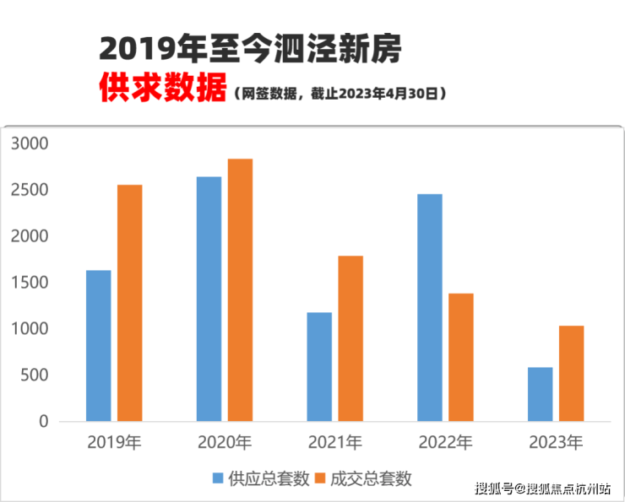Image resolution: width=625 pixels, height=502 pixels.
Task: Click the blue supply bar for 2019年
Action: (98, 345)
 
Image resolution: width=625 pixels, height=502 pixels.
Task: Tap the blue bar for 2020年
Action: (209, 299)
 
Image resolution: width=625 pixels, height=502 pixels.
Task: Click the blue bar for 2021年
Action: (319, 366)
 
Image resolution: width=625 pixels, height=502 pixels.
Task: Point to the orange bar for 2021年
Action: (351, 337)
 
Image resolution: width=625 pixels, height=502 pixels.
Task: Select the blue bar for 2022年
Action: (429, 307)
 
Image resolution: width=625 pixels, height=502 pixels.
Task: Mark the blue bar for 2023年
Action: (540, 394)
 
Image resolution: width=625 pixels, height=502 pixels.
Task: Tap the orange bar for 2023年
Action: (571, 373)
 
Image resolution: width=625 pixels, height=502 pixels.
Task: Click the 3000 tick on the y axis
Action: (30, 144)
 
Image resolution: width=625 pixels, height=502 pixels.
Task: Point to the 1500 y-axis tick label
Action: (30, 283)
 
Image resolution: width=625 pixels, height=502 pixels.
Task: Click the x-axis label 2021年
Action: (334, 442)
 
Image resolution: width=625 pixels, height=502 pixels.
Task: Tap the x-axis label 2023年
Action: (555, 442)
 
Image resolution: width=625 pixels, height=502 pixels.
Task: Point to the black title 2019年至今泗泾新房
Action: (250, 49)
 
